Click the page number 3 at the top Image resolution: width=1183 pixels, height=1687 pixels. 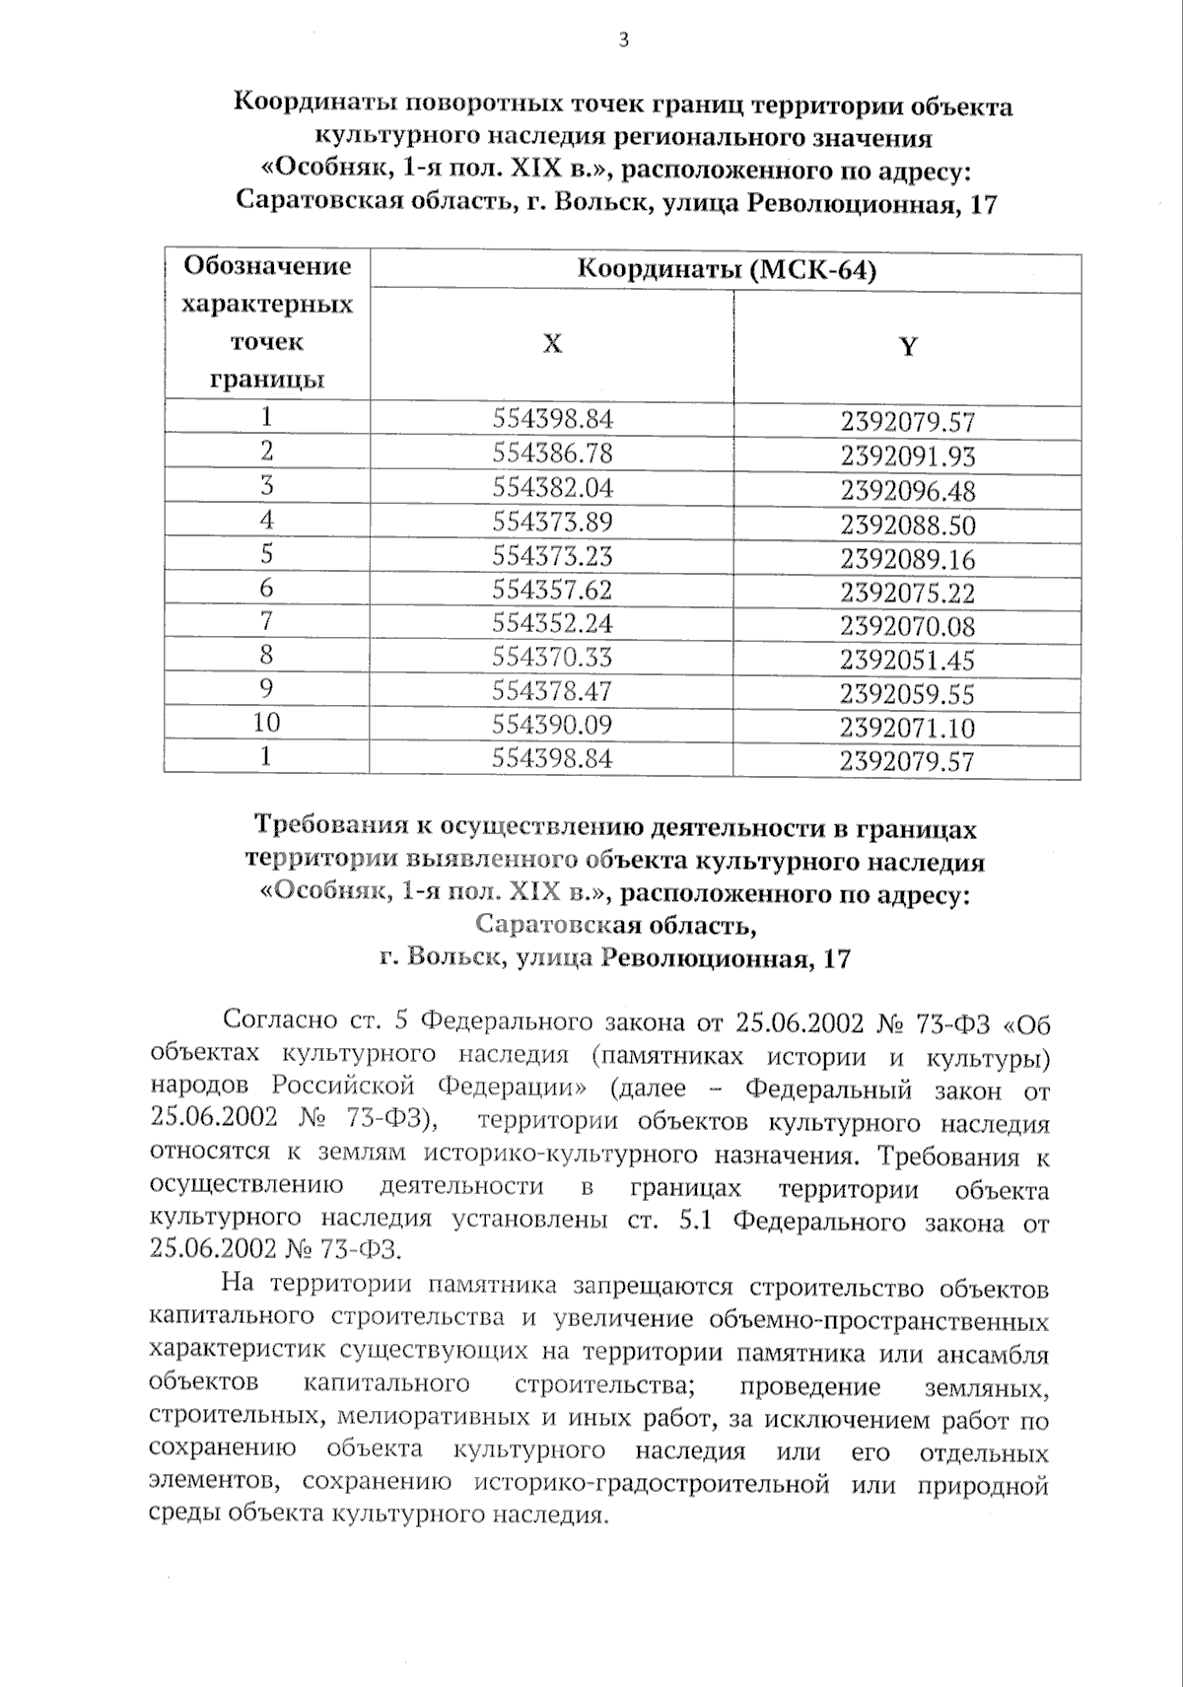(621, 39)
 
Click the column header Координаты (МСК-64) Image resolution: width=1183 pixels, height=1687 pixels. (726, 270)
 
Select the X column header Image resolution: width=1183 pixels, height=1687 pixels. (552, 343)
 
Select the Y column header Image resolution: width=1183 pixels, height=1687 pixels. (908, 346)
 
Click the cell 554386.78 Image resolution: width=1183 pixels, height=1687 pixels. (552, 453)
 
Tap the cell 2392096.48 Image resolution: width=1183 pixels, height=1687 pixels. (907, 490)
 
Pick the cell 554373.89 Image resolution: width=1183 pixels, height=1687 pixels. (552, 522)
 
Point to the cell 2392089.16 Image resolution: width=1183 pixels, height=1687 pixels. (907, 559)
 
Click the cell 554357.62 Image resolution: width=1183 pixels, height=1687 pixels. (552, 590)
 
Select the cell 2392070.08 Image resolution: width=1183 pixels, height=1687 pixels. (907, 626)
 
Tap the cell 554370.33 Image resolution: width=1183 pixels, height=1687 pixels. (552, 657)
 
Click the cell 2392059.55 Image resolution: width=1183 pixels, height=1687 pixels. (907, 694)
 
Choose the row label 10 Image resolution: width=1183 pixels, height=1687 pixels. (266, 723)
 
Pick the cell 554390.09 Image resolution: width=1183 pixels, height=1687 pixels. (552, 725)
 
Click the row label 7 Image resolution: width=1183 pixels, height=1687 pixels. (266, 621)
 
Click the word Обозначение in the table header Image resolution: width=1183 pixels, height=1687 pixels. (267, 266)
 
